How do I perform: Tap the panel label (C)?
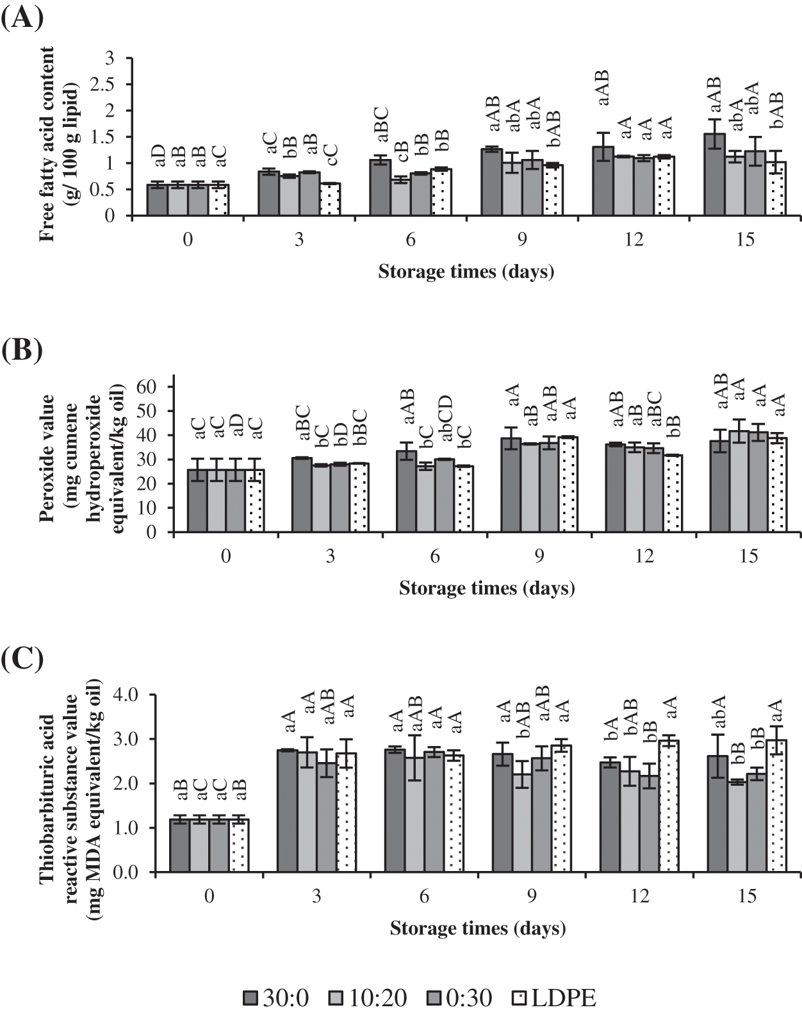point(22,658)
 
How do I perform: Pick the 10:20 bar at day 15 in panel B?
point(739,481)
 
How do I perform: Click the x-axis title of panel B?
point(486,588)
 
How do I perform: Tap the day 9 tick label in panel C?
point(531,896)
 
